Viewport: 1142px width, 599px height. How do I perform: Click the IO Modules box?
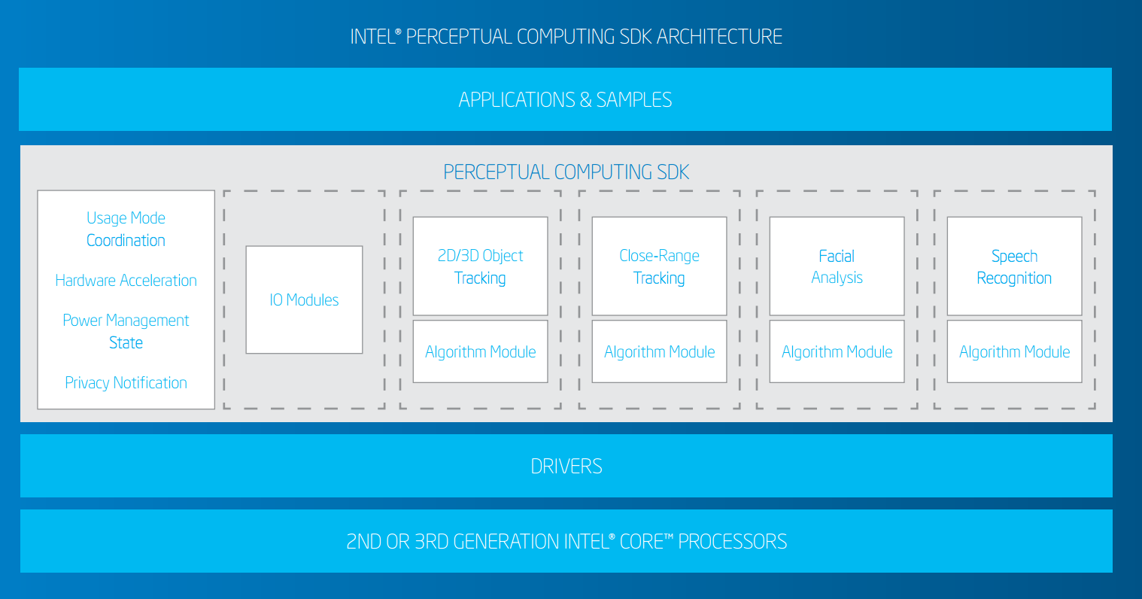tap(305, 299)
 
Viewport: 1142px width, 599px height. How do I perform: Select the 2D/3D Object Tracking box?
tap(480, 266)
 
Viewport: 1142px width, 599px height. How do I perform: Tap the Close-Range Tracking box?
tap(659, 266)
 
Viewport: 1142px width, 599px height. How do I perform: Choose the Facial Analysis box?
tap(837, 266)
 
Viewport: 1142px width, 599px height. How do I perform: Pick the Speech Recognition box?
tap(1015, 266)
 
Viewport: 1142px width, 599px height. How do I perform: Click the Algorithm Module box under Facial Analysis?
tap(837, 351)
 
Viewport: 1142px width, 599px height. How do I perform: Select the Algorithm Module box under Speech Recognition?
tap(1015, 351)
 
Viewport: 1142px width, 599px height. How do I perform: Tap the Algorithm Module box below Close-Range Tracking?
tap(659, 351)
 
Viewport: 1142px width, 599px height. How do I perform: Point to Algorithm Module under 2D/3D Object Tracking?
tap(480, 351)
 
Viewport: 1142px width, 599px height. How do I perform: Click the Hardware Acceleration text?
tap(126, 281)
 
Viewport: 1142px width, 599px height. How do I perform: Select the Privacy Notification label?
tap(126, 383)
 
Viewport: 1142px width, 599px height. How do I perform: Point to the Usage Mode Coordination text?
tap(126, 229)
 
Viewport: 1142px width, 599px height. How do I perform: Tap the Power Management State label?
tap(126, 331)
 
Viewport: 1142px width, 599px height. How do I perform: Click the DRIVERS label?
tap(566, 467)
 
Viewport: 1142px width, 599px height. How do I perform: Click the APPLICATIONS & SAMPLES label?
tap(566, 100)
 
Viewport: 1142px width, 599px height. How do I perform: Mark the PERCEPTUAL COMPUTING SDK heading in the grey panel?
tap(566, 172)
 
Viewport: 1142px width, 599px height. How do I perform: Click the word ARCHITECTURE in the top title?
tap(719, 37)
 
